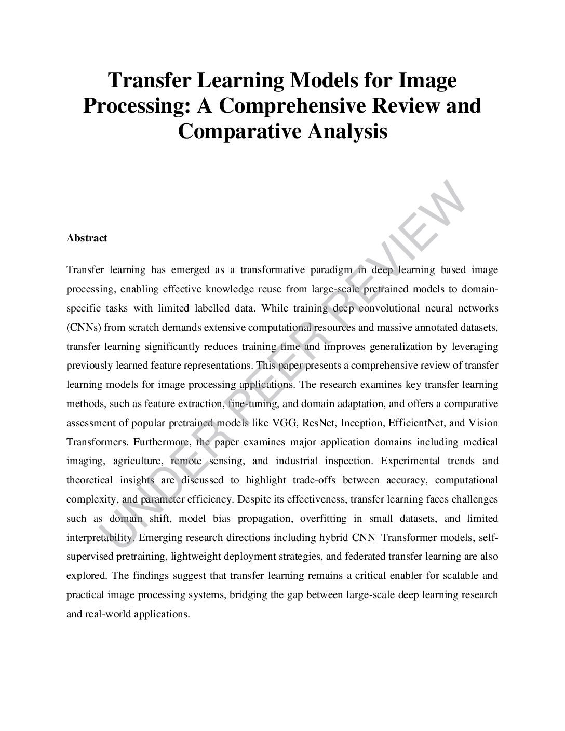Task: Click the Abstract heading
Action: (87, 238)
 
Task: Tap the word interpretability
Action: (97, 537)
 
